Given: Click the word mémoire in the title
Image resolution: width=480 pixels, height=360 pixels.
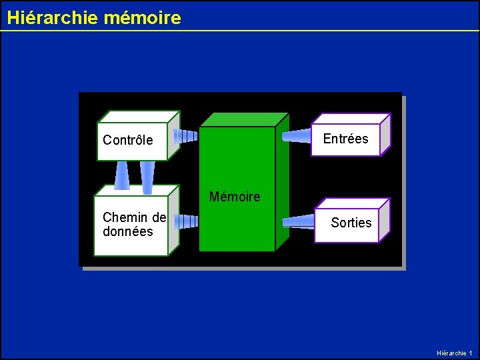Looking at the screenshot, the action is (x=142, y=17).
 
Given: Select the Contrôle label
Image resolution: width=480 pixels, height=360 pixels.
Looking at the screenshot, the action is (x=127, y=140).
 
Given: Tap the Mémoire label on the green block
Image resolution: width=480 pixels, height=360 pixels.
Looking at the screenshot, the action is (x=235, y=197).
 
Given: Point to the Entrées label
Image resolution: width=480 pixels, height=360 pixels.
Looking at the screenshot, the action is (x=345, y=139).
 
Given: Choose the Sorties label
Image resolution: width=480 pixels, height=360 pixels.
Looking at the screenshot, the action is (x=351, y=223).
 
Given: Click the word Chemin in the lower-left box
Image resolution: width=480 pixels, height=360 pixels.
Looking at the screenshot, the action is (x=125, y=217).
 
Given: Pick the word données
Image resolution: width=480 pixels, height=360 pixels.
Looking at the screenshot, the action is (x=127, y=232).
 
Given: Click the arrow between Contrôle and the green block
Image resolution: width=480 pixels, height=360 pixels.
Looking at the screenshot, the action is (x=185, y=136).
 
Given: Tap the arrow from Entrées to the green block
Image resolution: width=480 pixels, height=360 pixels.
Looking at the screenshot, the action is (x=296, y=136).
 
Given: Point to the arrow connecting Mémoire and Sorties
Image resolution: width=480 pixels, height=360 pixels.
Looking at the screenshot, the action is (x=298, y=221).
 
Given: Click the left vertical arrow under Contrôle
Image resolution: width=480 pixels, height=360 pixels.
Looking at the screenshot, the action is (x=122, y=175).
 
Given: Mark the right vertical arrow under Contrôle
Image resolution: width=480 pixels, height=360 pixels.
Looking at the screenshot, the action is (x=147, y=177).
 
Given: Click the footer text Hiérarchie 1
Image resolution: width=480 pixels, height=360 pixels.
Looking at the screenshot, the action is (x=454, y=353).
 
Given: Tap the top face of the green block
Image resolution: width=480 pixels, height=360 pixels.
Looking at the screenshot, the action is (x=243, y=119).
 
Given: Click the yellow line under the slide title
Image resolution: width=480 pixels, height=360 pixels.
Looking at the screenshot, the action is (x=240, y=31).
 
